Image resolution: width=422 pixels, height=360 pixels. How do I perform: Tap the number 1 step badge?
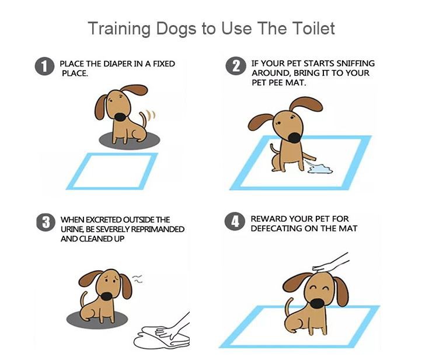pyautogui.click(x=44, y=66)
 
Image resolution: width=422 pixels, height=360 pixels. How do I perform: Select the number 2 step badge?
pyautogui.click(x=236, y=66)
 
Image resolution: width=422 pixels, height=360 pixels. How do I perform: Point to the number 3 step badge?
pyautogui.click(x=46, y=222)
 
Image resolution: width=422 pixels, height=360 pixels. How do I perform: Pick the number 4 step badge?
pyautogui.click(x=235, y=222)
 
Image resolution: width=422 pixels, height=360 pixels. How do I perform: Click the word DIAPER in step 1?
pyautogui.click(x=117, y=64)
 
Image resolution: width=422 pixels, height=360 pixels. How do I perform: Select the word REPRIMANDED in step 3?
pyautogui.click(x=158, y=229)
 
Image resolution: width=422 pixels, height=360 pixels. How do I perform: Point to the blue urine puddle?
pyautogui.click(x=320, y=169)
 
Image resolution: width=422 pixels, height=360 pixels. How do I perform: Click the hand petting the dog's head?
pyautogui.click(x=331, y=263)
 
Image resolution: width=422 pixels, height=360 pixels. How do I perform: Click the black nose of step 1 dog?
pyautogui.click(x=120, y=117)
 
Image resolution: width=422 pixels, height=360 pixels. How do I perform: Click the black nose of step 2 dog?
pyautogui.click(x=295, y=138)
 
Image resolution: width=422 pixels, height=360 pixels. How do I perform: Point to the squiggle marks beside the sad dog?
pyautogui.click(x=138, y=279)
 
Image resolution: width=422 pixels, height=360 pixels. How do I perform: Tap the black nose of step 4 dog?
pyautogui.click(x=318, y=304)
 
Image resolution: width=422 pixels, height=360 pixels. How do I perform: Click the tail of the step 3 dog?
pyautogui.click(x=83, y=299)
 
